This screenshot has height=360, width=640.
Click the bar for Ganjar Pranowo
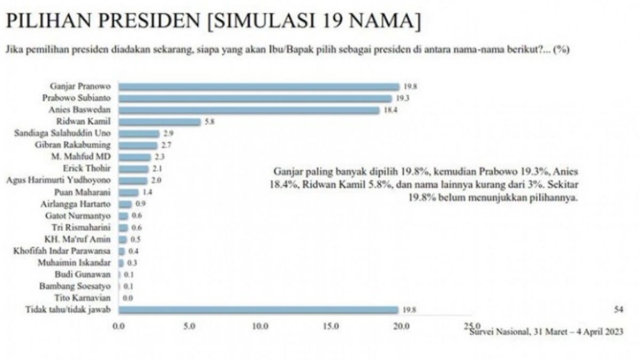pos(259,87)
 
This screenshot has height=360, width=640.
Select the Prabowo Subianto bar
pos(255,99)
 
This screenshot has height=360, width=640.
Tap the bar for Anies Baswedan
pos(249,110)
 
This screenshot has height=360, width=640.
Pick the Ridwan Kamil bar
pos(159,122)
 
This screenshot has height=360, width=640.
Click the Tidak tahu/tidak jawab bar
pos(259,310)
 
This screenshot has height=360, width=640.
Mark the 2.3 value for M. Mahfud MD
pos(159,157)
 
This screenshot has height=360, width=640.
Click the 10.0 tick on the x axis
pos(260,326)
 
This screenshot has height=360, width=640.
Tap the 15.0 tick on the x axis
pos(331,326)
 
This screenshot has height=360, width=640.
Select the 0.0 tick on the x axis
pos(118,326)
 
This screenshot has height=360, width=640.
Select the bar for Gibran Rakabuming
pos(138,145)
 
